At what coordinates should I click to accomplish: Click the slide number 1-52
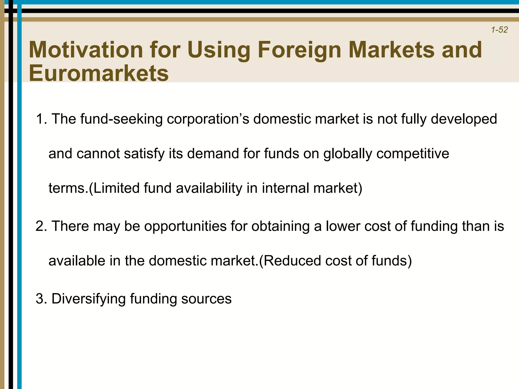click(x=499, y=30)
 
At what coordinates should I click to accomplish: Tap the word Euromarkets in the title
click(x=99, y=73)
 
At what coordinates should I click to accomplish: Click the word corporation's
click(x=208, y=119)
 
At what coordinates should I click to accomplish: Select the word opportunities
click(x=185, y=226)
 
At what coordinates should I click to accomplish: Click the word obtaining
click(x=280, y=226)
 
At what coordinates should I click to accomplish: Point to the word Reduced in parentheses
click(x=292, y=261)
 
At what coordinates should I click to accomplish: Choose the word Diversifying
click(x=88, y=299)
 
